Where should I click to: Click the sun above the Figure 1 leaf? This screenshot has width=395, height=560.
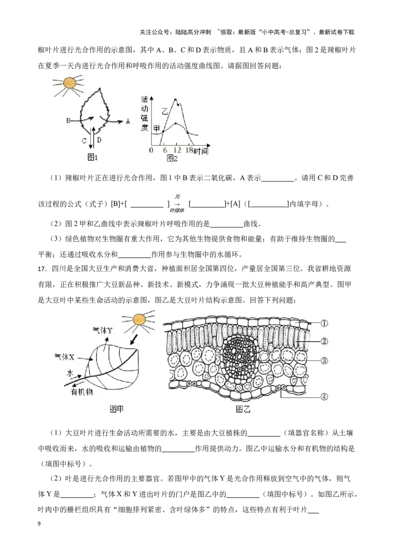(x=70, y=83)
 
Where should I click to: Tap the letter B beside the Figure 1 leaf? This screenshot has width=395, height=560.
(x=68, y=121)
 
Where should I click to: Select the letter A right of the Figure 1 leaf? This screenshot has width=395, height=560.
(x=128, y=121)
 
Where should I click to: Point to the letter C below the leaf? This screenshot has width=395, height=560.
(x=84, y=140)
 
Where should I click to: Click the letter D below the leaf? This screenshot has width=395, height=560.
(x=99, y=140)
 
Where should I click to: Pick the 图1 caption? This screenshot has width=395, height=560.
(x=92, y=157)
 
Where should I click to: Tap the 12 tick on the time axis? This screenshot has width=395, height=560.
(x=177, y=150)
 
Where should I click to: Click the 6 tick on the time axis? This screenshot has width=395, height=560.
(x=165, y=150)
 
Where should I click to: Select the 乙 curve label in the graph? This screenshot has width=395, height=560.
(x=164, y=111)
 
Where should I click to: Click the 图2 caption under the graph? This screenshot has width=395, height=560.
(x=172, y=158)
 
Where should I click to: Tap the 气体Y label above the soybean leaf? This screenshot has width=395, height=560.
(x=102, y=331)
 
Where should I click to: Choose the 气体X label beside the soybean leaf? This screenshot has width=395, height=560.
(x=64, y=356)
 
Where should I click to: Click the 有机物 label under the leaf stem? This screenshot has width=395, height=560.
(x=81, y=392)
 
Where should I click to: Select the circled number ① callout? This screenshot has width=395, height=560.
(x=324, y=323)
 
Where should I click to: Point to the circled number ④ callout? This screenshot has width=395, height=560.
(x=324, y=396)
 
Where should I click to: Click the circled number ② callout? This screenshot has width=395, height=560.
(x=324, y=341)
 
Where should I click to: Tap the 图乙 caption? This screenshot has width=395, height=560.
(x=243, y=409)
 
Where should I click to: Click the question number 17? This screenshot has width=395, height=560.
(x=42, y=269)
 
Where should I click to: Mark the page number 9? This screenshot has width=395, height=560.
(x=39, y=524)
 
